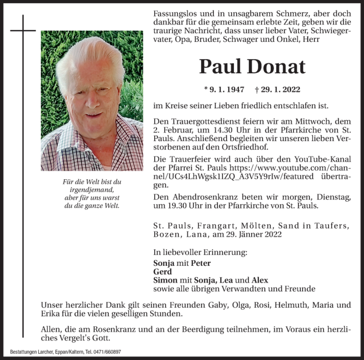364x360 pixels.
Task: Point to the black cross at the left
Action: (23, 30)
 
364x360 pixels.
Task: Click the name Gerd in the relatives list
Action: (162, 272)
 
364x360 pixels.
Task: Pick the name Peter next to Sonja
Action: (201, 263)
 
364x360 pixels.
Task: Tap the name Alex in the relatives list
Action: (259, 280)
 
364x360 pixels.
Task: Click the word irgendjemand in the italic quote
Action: (92, 190)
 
